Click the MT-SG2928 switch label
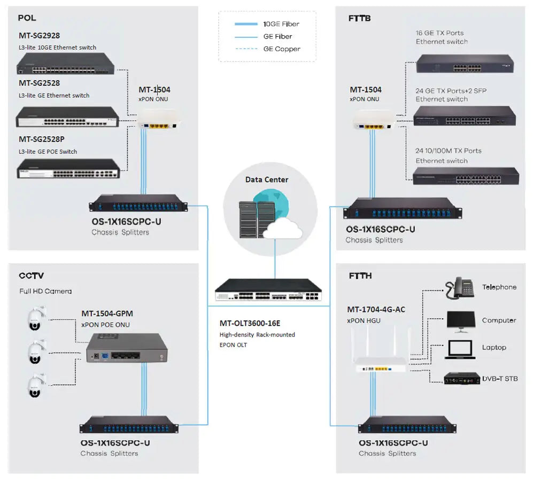[x=40, y=36]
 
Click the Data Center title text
[x=267, y=179]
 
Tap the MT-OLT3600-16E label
[x=250, y=323]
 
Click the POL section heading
[x=27, y=18]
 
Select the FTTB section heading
[x=359, y=18]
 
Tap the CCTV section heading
[x=32, y=276]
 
